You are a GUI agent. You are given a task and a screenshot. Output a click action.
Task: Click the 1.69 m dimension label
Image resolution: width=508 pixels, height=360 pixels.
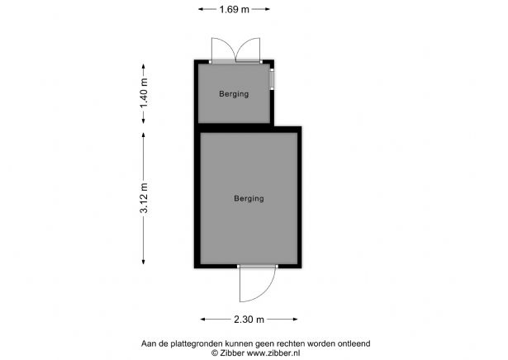[235, 10]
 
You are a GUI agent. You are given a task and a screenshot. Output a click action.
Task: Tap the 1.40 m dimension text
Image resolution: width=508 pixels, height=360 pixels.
[145, 94]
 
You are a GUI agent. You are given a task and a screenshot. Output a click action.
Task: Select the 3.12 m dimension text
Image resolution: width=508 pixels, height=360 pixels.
[145, 199]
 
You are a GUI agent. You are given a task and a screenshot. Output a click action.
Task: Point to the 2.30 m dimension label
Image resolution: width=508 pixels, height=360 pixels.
[249, 320]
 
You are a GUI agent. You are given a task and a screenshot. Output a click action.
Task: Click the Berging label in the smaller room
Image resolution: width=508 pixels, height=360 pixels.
[233, 94]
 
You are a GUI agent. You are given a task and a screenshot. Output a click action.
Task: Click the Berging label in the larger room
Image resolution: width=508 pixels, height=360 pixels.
[249, 198]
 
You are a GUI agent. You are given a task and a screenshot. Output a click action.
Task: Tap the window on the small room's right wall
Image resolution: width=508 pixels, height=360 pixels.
[272, 79]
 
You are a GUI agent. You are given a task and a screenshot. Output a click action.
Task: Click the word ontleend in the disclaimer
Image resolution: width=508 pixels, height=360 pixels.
[352, 343]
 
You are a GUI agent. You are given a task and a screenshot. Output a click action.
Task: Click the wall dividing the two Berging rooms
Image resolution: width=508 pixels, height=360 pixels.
[235, 126]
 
